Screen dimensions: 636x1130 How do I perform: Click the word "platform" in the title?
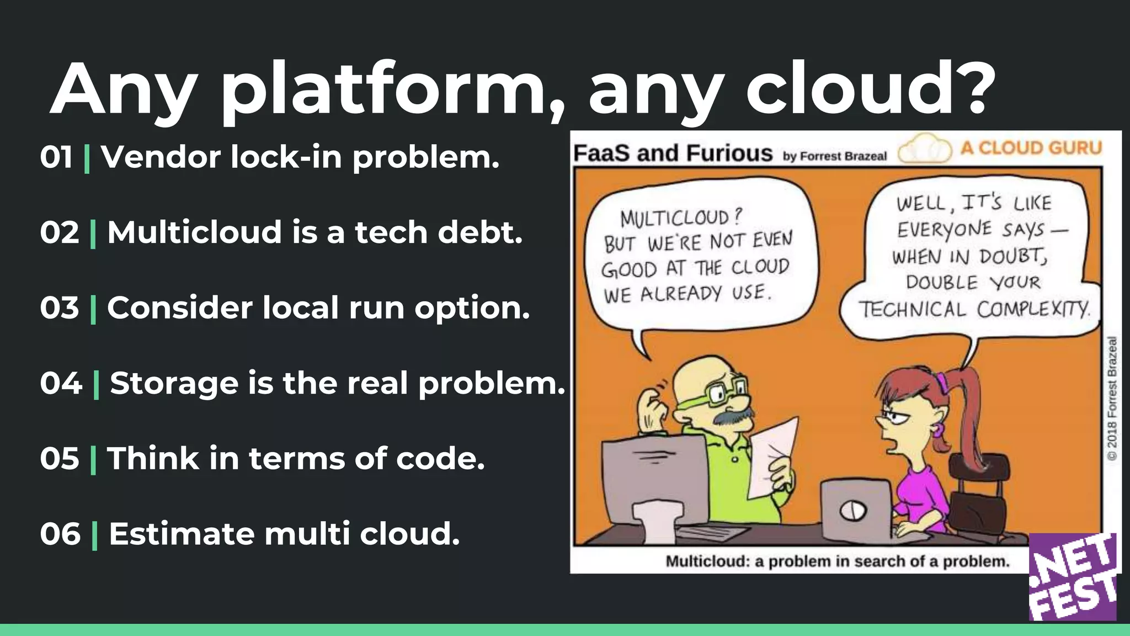point(383,91)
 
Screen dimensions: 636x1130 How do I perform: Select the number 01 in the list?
point(56,157)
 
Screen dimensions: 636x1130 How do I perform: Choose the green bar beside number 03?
point(93,309)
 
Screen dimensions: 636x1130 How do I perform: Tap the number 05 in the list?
point(60,459)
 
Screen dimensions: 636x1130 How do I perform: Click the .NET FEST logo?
point(1073,577)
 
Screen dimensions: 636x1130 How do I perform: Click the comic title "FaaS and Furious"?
point(673,152)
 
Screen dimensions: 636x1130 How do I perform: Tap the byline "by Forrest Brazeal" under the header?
point(834,156)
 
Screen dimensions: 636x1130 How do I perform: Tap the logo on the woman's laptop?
point(852,511)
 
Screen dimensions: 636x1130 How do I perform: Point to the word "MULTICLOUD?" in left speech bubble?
point(681,218)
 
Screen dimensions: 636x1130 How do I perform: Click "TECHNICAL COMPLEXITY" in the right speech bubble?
point(974,309)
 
